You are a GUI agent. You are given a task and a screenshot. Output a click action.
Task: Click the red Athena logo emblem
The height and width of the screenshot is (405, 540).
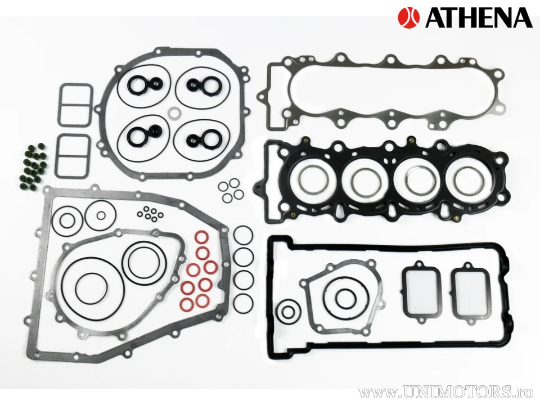point(409,17)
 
